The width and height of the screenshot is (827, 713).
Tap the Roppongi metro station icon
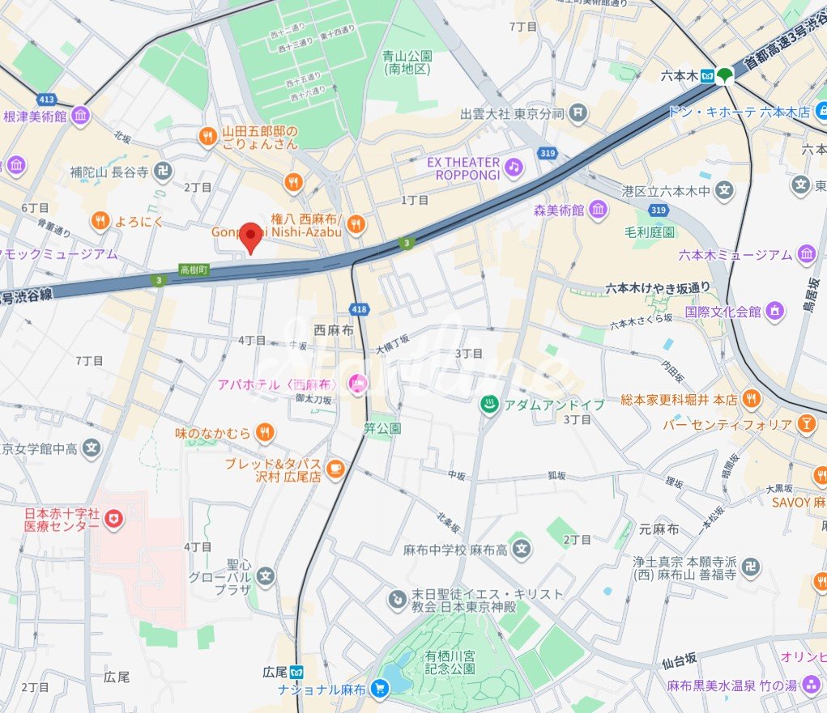point(709,76)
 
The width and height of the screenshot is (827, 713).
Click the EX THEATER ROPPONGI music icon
point(513,168)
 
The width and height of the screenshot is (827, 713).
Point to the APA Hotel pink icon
point(355,384)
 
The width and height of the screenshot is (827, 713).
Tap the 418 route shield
point(358,308)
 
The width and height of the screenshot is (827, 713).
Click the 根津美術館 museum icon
point(80,117)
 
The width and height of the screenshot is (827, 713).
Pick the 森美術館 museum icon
point(598,210)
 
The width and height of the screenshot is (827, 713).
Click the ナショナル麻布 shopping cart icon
point(380,689)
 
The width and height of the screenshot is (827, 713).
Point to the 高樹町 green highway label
point(194,269)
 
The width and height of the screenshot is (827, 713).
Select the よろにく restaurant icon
point(100,219)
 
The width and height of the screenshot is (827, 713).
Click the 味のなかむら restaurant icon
point(264,434)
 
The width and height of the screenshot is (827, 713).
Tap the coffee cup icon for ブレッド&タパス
point(335,467)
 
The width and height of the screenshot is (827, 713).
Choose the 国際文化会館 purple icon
point(775,311)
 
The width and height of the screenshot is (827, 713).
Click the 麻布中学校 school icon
point(522,550)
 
